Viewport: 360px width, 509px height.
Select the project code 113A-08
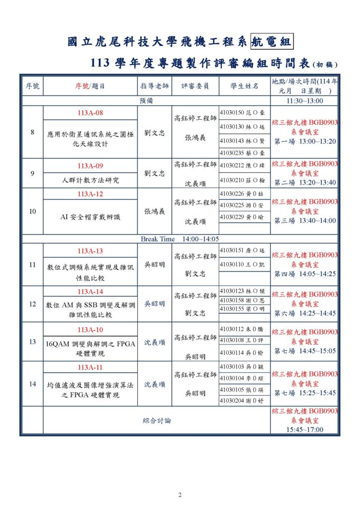point(90,113)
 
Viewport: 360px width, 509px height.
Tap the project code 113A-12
point(90,193)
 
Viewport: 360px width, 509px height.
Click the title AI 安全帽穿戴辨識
point(90,217)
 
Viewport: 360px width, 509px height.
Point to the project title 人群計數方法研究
point(90,179)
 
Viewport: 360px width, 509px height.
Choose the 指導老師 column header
point(155,86)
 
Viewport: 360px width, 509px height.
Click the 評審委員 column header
point(195,86)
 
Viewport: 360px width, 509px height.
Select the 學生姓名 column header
point(244,86)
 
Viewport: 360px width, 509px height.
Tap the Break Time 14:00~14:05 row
point(180,239)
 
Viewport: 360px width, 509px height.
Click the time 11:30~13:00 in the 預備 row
point(305,101)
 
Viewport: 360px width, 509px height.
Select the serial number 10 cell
point(32,211)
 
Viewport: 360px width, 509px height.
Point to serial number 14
point(32,384)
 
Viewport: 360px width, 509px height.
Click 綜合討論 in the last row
point(157,421)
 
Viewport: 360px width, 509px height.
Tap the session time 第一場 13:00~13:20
point(305,141)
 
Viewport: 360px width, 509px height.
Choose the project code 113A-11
point(90,367)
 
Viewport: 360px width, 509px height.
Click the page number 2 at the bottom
point(180,495)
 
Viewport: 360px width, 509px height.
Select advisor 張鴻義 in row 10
point(155,211)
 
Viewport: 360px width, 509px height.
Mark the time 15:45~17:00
point(305,429)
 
